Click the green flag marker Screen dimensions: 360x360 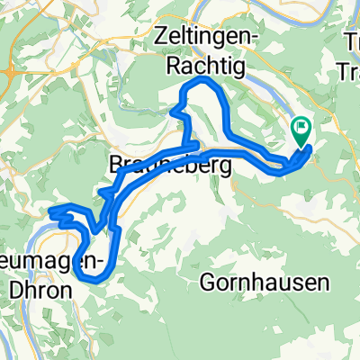[x=301, y=131]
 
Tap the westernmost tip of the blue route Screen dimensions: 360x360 [x=51, y=211]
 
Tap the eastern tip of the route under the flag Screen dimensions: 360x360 [x=310, y=148]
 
